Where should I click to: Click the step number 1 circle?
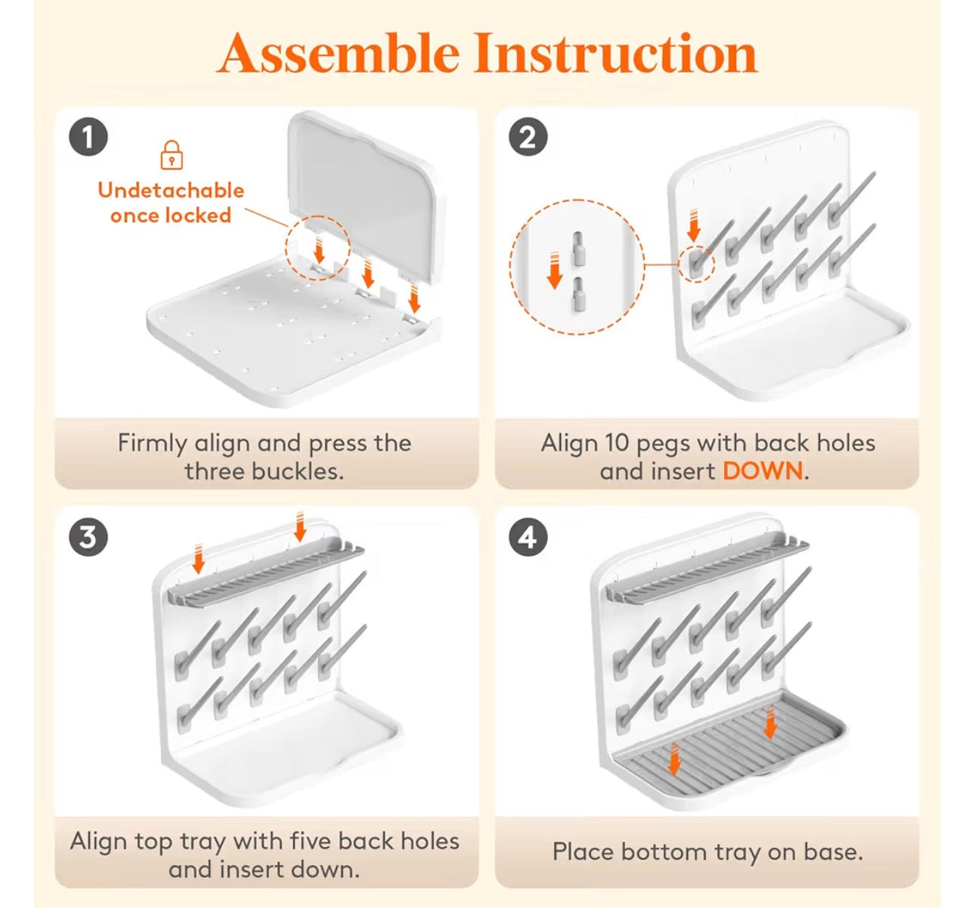[88, 137]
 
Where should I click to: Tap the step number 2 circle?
[528, 137]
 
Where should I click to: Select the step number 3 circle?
[88, 537]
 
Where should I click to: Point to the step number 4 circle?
[528, 537]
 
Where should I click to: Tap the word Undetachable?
[171, 190]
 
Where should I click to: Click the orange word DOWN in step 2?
[763, 471]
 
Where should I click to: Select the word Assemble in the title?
[339, 53]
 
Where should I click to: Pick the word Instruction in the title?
[616, 53]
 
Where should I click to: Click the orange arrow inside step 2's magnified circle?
[554, 270]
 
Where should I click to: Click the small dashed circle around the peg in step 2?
[697, 264]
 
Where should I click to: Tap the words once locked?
[171, 216]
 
